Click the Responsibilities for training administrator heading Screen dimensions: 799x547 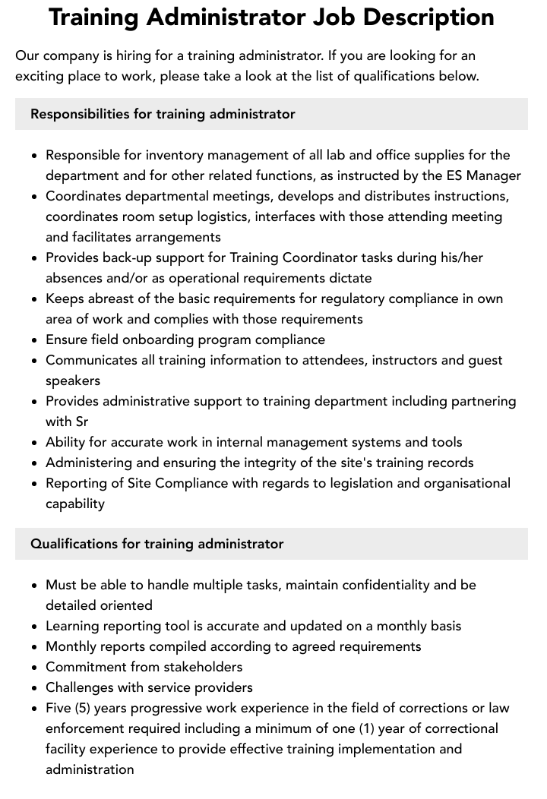163,114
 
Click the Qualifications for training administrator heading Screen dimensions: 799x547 157,544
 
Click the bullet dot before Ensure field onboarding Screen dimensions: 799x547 34,340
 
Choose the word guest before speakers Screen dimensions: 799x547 485,360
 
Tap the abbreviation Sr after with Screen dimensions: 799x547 82,422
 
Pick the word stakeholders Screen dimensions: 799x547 199,667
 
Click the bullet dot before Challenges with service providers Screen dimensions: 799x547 34,688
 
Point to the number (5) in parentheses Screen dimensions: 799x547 86,708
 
